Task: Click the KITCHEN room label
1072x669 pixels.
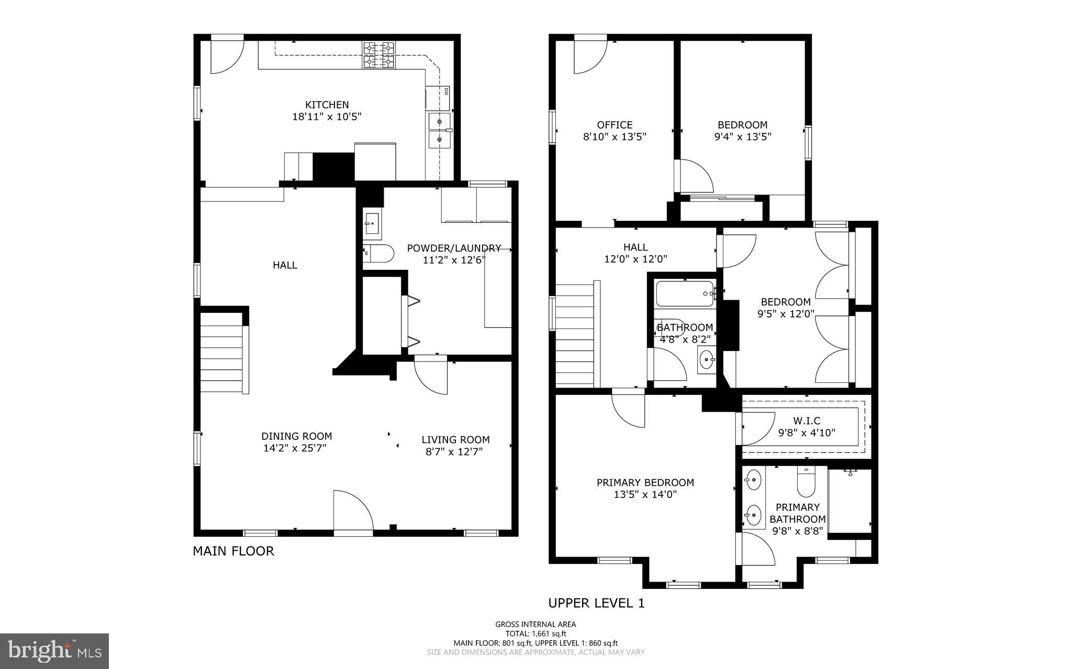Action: point(327,105)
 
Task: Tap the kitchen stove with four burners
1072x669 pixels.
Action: point(379,55)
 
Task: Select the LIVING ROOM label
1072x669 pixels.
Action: point(455,440)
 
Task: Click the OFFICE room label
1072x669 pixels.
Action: point(615,125)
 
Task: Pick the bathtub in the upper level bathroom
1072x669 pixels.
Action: point(684,294)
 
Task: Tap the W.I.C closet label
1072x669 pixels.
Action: point(806,421)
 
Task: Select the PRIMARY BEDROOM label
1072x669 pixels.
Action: point(645,482)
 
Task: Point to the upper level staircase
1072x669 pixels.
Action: point(575,335)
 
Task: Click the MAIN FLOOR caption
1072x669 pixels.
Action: point(233,551)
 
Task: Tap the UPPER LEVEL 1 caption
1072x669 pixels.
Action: point(596,603)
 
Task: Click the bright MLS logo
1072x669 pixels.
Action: point(54,651)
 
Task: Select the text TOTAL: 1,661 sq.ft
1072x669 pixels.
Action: point(535,633)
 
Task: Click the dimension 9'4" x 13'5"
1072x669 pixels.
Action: point(742,137)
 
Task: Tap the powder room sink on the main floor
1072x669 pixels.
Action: point(373,223)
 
